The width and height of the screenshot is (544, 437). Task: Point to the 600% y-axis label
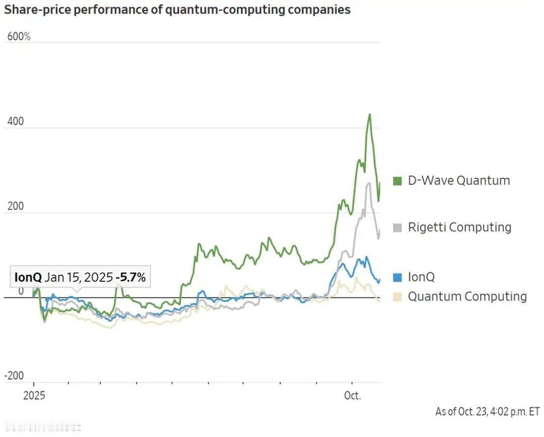(19, 37)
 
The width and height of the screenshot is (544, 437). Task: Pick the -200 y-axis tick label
(14, 376)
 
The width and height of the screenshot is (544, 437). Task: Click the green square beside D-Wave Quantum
(397, 181)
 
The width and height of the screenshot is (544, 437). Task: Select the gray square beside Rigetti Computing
(397, 228)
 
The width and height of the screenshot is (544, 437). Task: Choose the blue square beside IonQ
(397, 277)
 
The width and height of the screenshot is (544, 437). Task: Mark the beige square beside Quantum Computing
(397, 297)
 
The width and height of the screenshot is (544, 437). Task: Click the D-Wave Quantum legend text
(458, 180)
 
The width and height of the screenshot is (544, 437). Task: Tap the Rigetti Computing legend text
(459, 227)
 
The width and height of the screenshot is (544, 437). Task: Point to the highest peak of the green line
(369, 114)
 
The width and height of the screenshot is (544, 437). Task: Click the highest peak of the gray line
(369, 183)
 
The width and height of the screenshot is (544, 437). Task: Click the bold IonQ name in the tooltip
(28, 277)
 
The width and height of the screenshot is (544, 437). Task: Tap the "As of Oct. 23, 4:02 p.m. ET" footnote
(487, 411)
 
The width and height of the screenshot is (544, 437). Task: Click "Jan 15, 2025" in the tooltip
(79, 277)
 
